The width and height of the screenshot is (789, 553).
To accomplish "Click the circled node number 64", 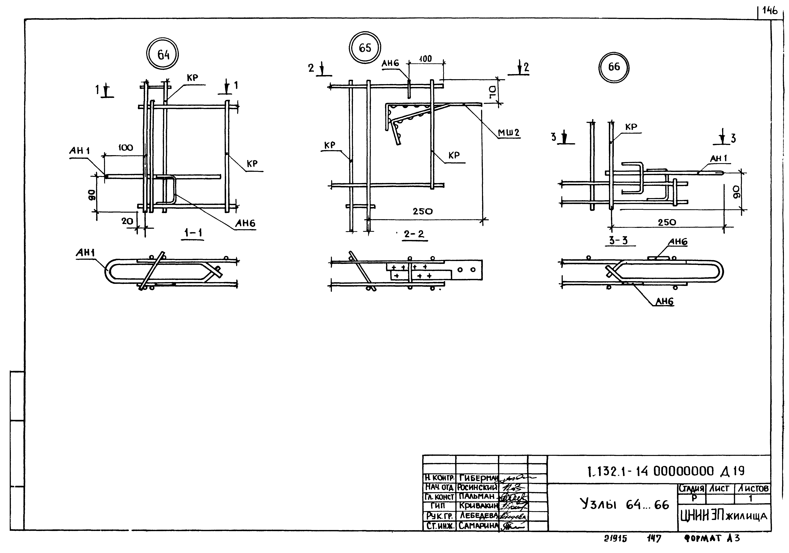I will [163, 54].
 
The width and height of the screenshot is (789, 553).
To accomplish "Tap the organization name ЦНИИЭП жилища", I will [723, 516].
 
